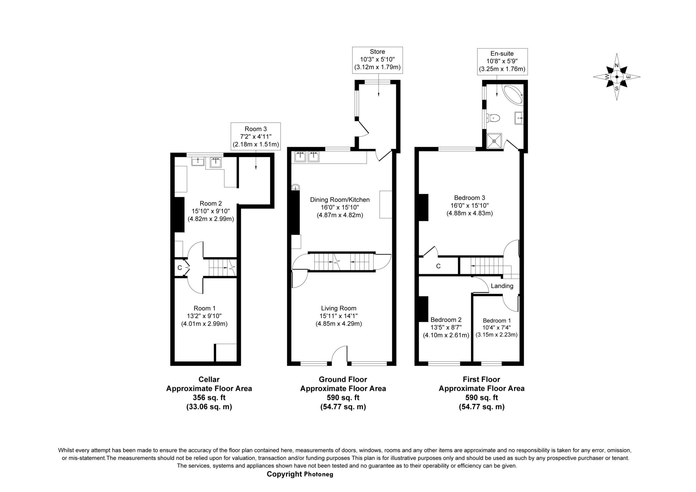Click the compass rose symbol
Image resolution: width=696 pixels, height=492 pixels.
point(616,77)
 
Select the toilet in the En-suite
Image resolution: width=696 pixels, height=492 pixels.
point(493,118)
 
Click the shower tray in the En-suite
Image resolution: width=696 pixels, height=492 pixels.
point(494,141)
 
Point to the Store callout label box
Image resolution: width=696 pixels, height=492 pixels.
point(377,60)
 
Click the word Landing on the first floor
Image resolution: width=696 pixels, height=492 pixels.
point(502,286)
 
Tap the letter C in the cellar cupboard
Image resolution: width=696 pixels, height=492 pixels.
point(179,268)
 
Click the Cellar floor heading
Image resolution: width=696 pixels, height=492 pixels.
point(209,379)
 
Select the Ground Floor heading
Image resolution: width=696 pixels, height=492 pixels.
point(343,379)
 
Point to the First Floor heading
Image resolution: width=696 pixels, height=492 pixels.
point(481,379)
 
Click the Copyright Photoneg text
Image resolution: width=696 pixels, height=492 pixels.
point(300,474)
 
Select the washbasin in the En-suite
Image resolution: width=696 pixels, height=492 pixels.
point(519,118)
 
